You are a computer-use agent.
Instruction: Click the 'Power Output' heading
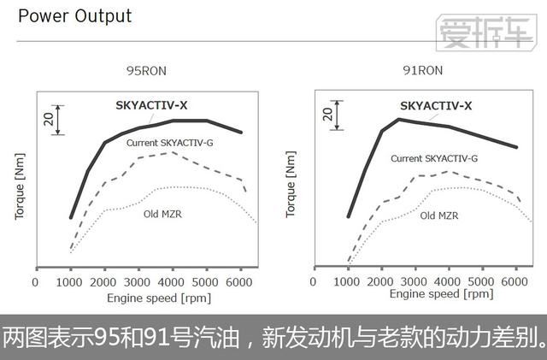(75, 16)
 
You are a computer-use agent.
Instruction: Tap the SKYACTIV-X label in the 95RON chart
(152, 107)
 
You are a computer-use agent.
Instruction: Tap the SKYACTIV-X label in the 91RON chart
(436, 107)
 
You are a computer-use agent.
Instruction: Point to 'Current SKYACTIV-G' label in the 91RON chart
(433, 158)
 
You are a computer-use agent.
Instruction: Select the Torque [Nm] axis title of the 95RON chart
(20, 187)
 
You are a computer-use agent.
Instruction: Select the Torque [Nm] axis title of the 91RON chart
(291, 187)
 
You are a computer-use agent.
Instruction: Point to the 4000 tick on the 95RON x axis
(174, 281)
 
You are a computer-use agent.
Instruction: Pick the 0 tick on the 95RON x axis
(35, 281)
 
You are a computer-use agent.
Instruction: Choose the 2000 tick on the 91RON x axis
(381, 280)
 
